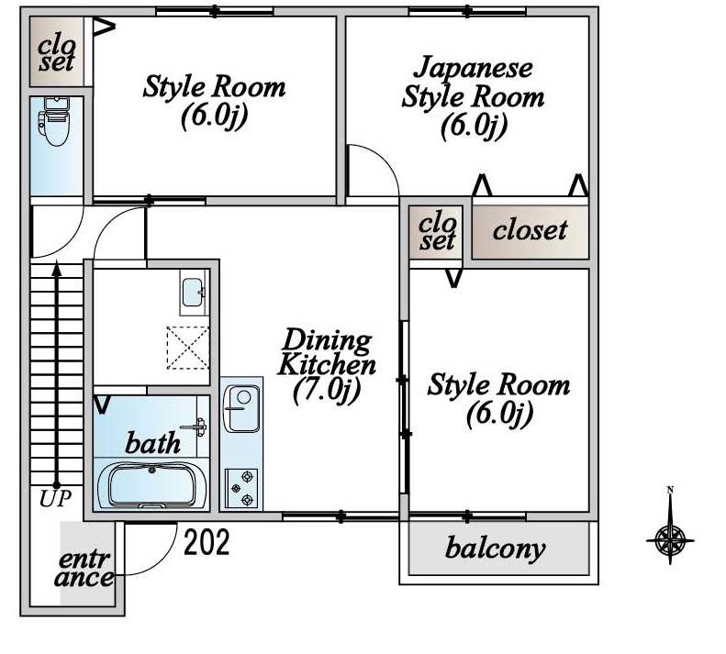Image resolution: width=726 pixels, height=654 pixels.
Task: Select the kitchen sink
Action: point(243,405)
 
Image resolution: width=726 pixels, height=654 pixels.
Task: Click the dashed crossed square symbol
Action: point(187,348)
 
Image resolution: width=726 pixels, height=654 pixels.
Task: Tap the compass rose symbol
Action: point(670,537)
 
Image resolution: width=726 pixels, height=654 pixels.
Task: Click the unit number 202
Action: point(207,543)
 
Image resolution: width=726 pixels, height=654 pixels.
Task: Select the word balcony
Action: point(495,549)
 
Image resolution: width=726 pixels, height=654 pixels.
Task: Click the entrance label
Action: point(85,569)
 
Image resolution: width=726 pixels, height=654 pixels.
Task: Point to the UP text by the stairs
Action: point(56,500)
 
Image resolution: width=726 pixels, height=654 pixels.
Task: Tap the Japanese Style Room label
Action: point(473,96)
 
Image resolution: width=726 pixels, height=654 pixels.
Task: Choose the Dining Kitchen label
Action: point(327,351)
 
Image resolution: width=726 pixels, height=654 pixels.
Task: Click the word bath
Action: point(152,444)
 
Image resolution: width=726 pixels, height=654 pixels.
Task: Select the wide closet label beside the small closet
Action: point(531,229)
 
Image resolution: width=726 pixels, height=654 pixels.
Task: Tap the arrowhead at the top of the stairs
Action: point(56,269)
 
